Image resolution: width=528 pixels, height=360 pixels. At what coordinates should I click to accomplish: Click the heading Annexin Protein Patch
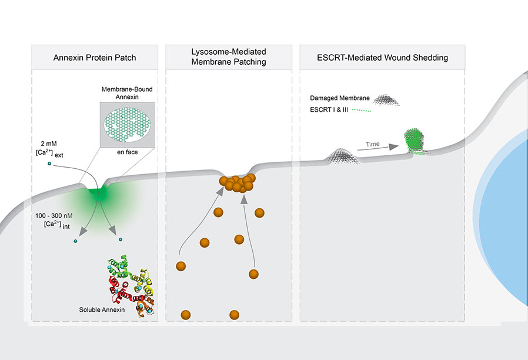point(95,58)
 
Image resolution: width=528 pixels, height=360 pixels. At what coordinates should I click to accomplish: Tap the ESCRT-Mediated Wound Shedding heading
point(382,58)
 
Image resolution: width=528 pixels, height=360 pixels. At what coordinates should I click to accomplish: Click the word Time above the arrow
point(372,144)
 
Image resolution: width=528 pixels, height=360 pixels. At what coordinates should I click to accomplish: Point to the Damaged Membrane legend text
point(335,98)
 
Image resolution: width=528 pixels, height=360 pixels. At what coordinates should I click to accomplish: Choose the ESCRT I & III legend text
point(331,109)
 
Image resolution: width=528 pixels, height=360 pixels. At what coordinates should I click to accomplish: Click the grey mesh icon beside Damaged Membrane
point(386,99)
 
